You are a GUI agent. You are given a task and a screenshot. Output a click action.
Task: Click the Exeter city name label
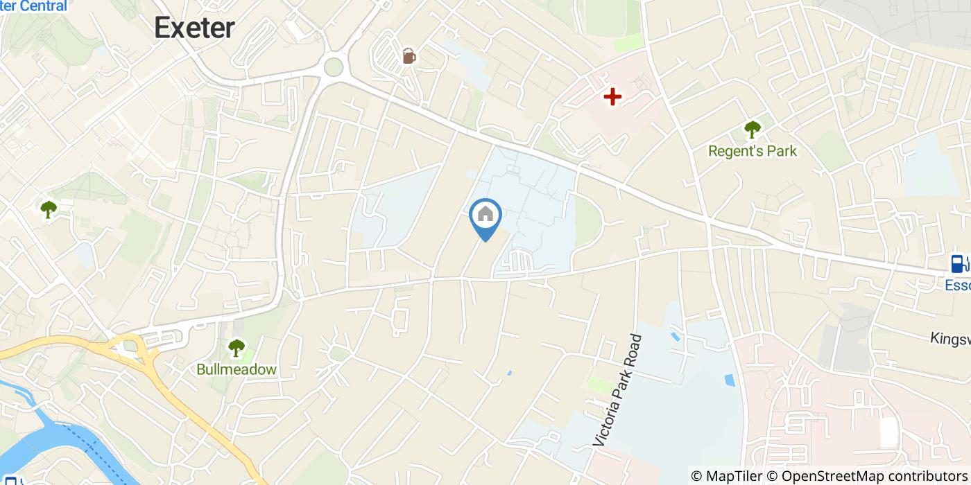194,28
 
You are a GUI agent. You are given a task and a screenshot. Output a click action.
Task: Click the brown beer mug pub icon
409,55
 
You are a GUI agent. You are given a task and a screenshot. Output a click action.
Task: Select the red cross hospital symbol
612,96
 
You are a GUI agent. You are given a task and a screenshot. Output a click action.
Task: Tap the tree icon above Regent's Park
752,129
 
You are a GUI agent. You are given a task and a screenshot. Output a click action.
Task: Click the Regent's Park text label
753,150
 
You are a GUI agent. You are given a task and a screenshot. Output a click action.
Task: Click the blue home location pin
486,216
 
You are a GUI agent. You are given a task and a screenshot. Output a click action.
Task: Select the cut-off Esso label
958,285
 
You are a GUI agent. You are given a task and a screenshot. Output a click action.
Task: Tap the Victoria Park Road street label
618,390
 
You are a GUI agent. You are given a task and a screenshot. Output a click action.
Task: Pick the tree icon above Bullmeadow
237,347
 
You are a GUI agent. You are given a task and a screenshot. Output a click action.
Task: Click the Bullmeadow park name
237,369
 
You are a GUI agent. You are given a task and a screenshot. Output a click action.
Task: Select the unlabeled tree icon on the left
48,209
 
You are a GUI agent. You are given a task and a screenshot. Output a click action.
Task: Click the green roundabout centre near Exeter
334,67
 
